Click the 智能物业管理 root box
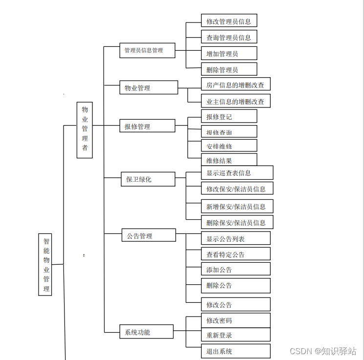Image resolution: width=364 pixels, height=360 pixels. pos(45,264)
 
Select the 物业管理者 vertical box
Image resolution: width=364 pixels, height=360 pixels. pos(85,130)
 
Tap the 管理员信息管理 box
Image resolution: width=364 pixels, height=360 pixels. pos(147,50)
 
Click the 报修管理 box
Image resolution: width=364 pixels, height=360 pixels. pos(147,126)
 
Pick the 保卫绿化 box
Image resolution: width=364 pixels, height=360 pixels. pos(148,179)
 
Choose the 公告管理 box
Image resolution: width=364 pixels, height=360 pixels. pos(149,235)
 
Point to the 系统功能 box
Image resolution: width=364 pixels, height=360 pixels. pos(147,332)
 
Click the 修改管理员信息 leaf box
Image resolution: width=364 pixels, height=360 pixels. pos(229,21)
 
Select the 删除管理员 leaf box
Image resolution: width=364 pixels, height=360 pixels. pos(229,69)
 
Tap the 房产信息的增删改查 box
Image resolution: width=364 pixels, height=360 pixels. pos(236,85)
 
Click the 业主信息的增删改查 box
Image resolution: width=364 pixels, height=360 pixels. pos(236,101)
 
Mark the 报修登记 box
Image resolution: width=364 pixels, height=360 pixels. pos(229,116)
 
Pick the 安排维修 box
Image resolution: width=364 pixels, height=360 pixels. pos(229,146)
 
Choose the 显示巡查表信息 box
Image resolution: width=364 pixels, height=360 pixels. pos(236,172)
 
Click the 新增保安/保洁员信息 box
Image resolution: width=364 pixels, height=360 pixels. pos(236,206)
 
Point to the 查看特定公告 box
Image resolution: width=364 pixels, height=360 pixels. pos(236,254)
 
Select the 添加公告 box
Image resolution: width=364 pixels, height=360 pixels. pos(236,269)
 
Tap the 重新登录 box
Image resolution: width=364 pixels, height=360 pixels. pos(236,335)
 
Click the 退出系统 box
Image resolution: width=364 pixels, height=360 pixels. pos(236,351)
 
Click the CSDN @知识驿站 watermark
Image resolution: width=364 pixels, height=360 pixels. pos(323,351)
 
